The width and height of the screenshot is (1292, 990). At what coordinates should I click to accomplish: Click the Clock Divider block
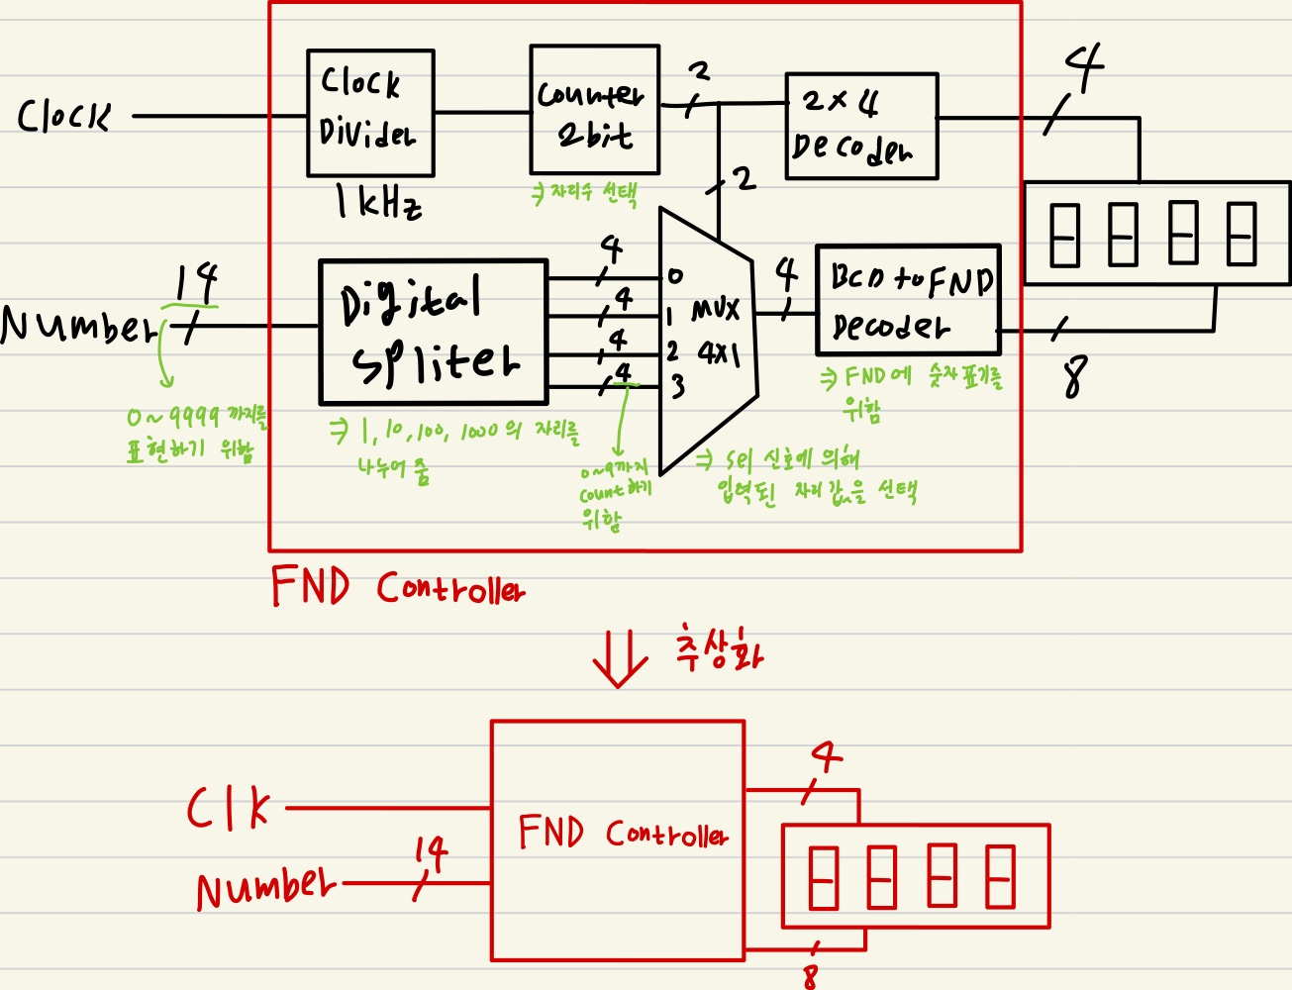tap(370, 113)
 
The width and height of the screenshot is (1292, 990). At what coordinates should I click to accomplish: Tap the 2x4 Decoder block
tap(861, 126)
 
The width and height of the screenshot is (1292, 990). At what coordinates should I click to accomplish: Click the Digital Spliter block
tap(433, 333)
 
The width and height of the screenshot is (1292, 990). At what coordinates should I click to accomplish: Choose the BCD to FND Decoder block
tap(908, 300)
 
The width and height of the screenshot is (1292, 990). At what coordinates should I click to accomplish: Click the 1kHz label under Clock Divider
tap(377, 203)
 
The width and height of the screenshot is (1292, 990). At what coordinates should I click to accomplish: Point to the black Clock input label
tap(64, 117)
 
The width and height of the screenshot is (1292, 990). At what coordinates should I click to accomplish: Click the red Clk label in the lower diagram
tap(229, 810)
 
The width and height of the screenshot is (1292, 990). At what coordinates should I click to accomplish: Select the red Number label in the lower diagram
tap(264, 887)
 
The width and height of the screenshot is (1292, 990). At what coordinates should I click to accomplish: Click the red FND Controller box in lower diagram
tap(618, 840)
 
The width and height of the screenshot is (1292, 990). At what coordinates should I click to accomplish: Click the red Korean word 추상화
tap(719, 651)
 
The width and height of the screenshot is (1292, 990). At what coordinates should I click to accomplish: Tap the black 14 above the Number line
tap(196, 284)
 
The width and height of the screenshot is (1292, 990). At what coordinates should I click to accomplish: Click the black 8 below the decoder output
tap(1075, 376)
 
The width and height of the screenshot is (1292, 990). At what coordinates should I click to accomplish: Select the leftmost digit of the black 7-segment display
tap(1064, 235)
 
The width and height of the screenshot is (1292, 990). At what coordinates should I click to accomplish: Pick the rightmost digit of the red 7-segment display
tap(1001, 876)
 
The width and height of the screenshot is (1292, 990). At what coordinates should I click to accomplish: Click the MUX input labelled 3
tap(677, 386)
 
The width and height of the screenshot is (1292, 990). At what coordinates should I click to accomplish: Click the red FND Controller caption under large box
tap(398, 587)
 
